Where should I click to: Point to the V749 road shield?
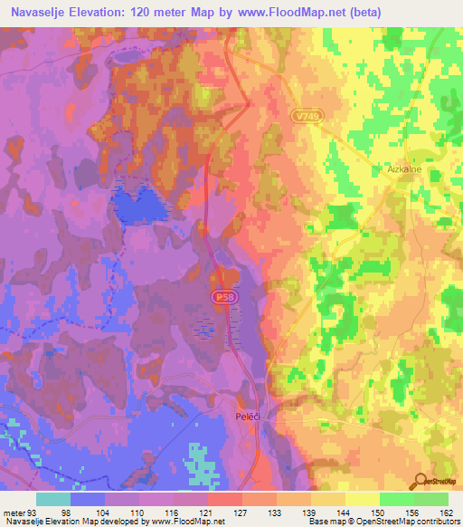307,117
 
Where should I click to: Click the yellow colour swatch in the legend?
362,499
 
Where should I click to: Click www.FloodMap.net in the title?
283,12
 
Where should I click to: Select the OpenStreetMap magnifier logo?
419,481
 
